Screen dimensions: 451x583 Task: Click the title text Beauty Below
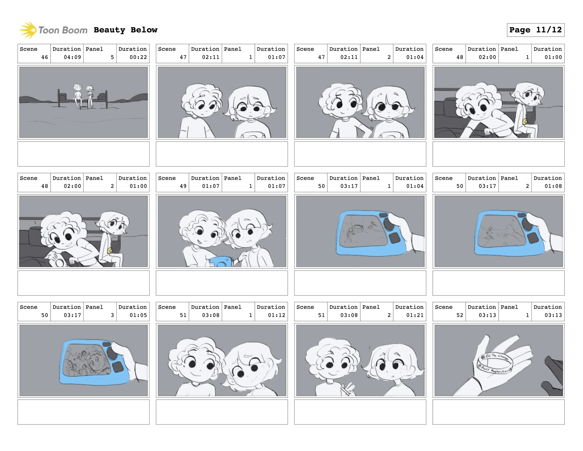[125, 30]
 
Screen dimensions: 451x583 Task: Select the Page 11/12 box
[535, 30]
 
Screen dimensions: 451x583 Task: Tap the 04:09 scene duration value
[72, 57]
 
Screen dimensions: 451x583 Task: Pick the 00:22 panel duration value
[138, 57]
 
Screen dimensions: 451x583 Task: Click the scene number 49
[183, 186]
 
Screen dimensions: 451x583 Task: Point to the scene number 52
[460, 315]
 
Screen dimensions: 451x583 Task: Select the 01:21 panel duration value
[415, 315]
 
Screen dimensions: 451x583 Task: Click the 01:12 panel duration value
[276, 315]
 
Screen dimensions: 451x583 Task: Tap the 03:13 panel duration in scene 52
[553, 315]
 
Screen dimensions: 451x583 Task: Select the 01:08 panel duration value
[553, 186]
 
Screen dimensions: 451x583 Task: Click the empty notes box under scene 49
[222, 283]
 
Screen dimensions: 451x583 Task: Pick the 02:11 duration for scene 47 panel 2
[349, 57]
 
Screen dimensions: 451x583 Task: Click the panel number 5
[112, 57]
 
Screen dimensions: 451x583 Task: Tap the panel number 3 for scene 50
[112, 315]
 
